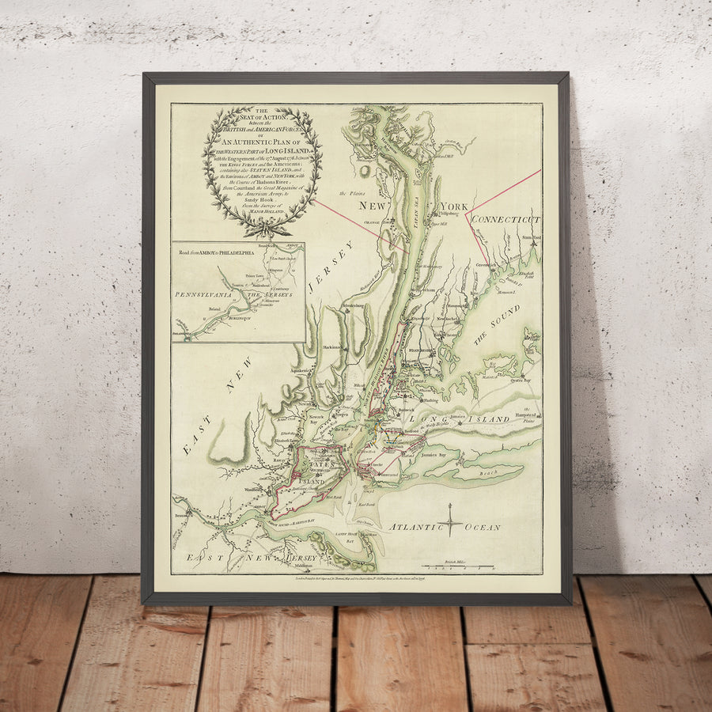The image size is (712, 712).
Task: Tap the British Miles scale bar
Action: (457, 566)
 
